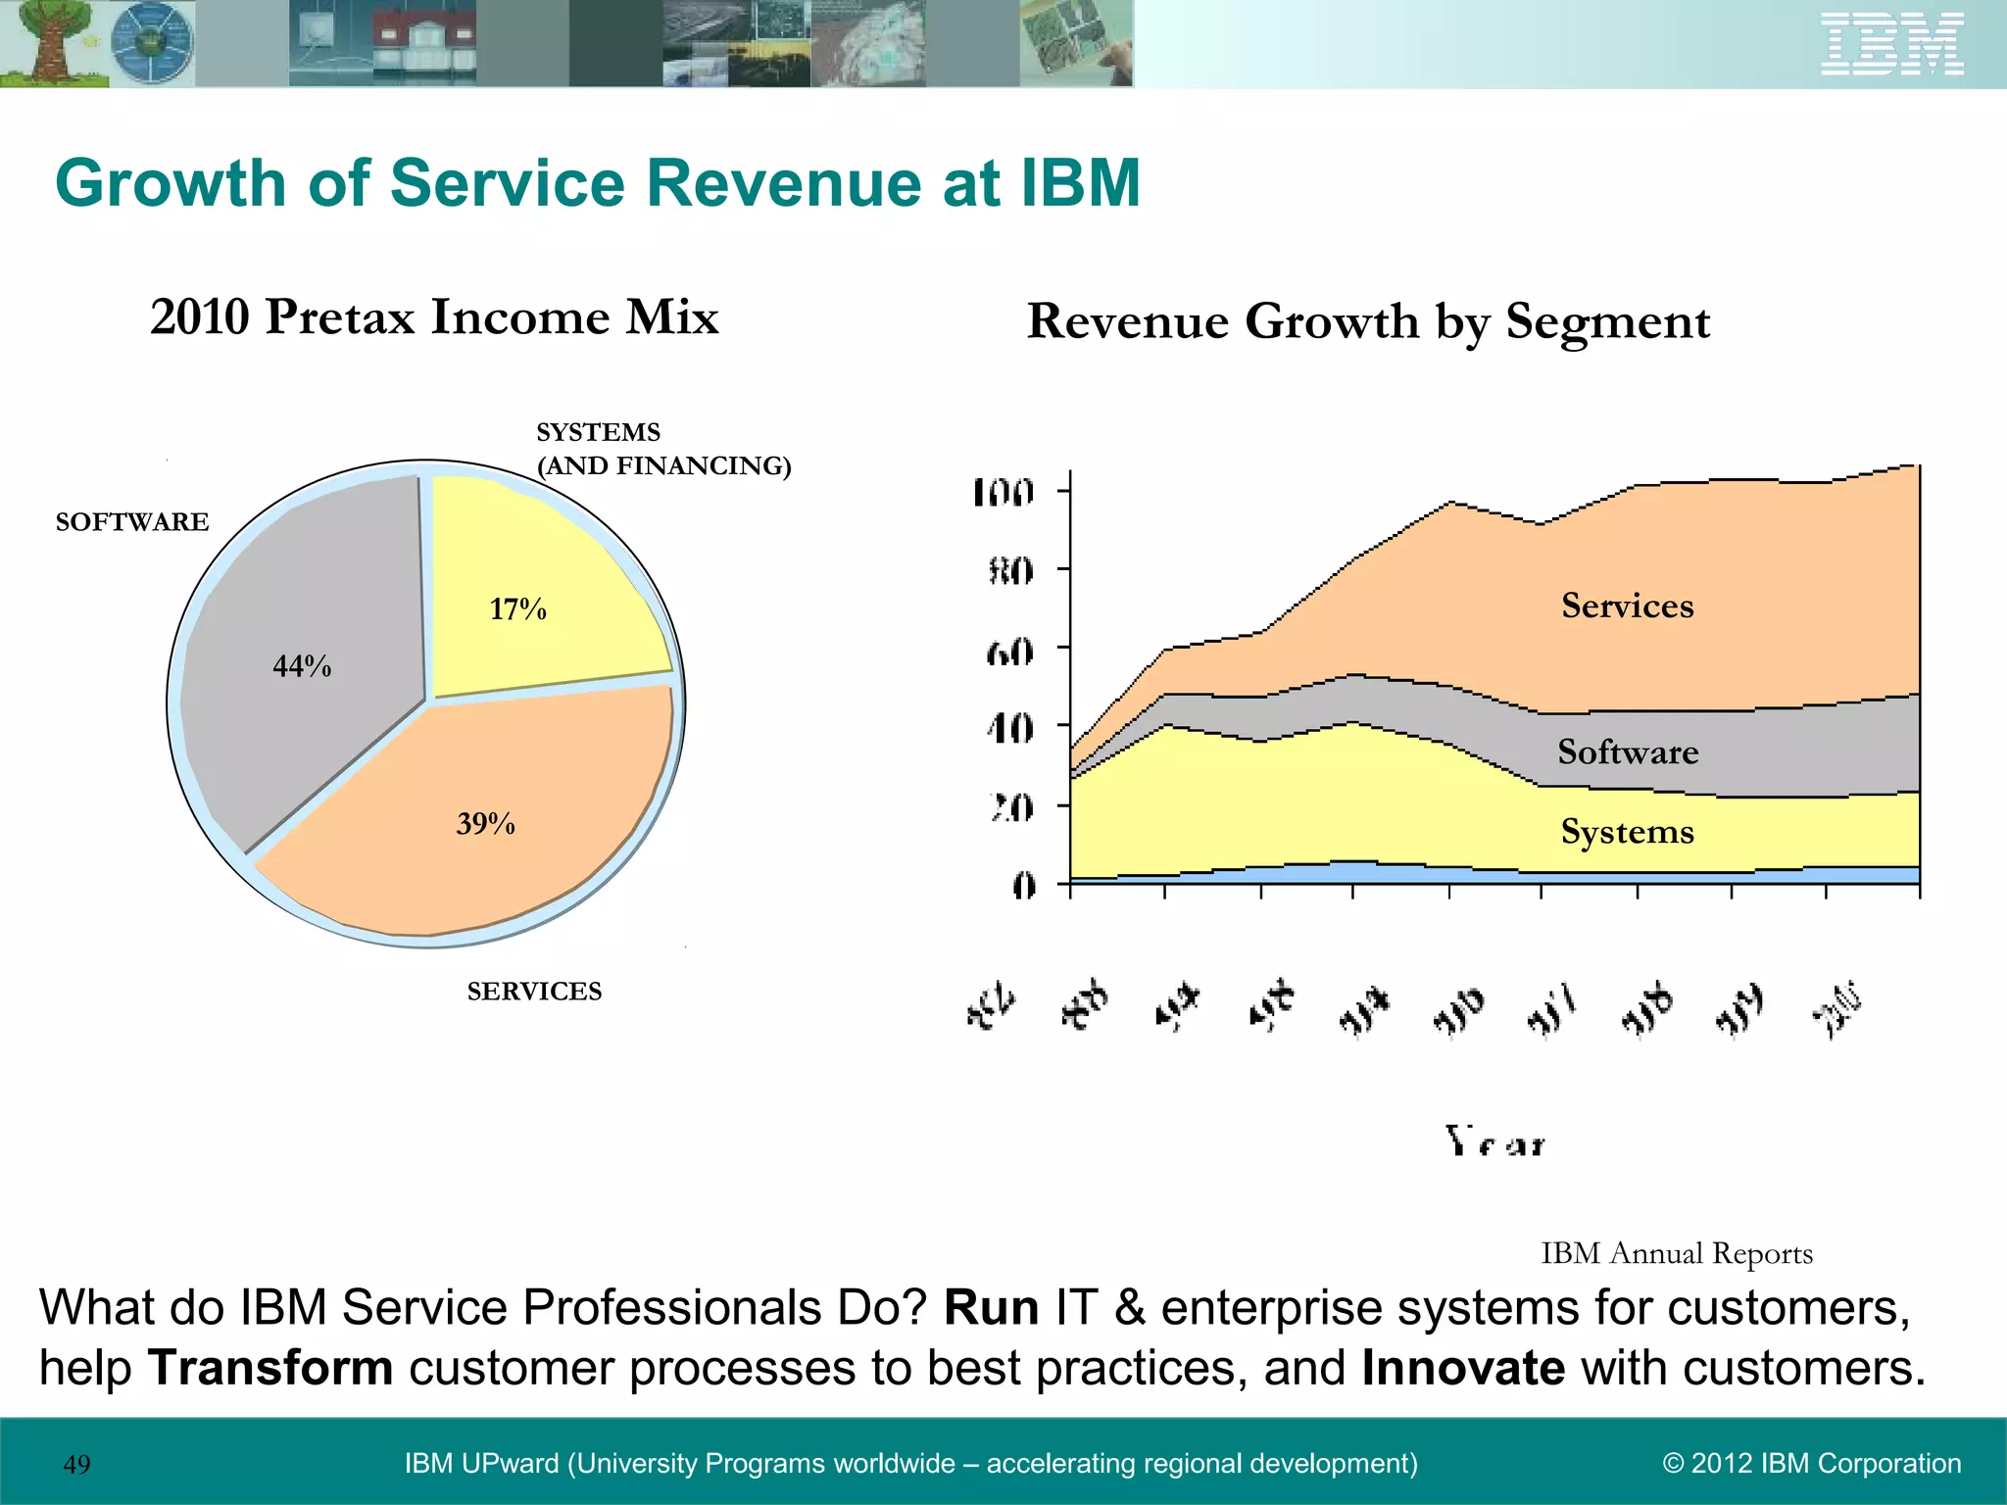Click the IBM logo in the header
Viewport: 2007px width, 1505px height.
point(1891,44)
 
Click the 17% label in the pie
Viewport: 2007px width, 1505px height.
point(517,609)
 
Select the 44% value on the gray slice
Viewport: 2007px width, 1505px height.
point(302,666)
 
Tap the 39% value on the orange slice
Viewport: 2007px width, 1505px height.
point(485,823)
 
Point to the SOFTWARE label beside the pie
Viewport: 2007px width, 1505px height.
point(132,522)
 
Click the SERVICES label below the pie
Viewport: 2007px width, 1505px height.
point(534,992)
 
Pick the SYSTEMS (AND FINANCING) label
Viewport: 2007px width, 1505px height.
point(662,449)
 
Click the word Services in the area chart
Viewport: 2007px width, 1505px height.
point(1627,606)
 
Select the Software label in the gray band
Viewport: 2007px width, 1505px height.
point(1628,752)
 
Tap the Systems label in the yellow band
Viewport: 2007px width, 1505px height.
point(1627,832)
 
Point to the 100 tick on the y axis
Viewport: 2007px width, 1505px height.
point(1003,493)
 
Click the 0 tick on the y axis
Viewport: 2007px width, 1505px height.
point(1023,887)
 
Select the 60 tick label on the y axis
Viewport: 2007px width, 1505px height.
point(1009,652)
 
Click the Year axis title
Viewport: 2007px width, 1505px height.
point(1494,1142)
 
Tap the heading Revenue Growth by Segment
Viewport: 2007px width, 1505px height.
point(1368,321)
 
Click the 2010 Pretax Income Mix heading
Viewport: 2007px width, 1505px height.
point(434,316)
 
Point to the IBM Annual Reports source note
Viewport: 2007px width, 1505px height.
point(1676,1253)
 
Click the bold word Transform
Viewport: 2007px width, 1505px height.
point(270,1368)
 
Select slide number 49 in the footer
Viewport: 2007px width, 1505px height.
point(76,1464)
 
